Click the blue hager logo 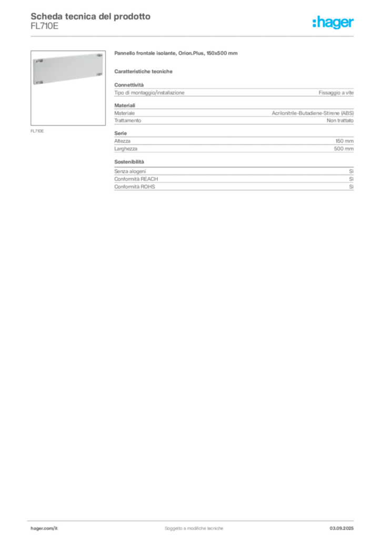[x=334, y=23]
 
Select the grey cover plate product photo [x=67, y=69]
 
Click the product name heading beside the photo [x=177, y=54]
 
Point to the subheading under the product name [x=145, y=71]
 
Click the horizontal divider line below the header [x=194, y=36]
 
